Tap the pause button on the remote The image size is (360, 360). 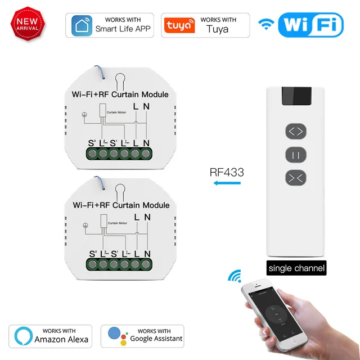click(x=296, y=154)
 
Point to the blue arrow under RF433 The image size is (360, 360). click(x=224, y=189)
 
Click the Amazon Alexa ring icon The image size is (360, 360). click(x=21, y=335)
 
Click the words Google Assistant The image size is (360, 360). click(x=156, y=339)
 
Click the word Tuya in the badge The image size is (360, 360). click(x=217, y=29)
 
